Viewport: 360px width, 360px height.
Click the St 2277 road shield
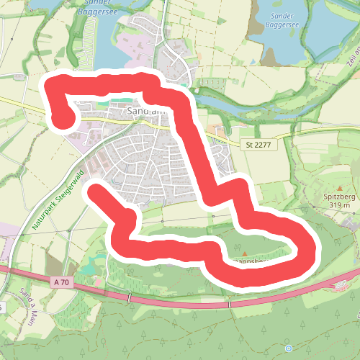256,145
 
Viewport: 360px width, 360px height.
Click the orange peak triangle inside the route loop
245,253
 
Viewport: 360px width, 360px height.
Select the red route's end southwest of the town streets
96,189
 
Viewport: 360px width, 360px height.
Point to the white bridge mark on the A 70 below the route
230,305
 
